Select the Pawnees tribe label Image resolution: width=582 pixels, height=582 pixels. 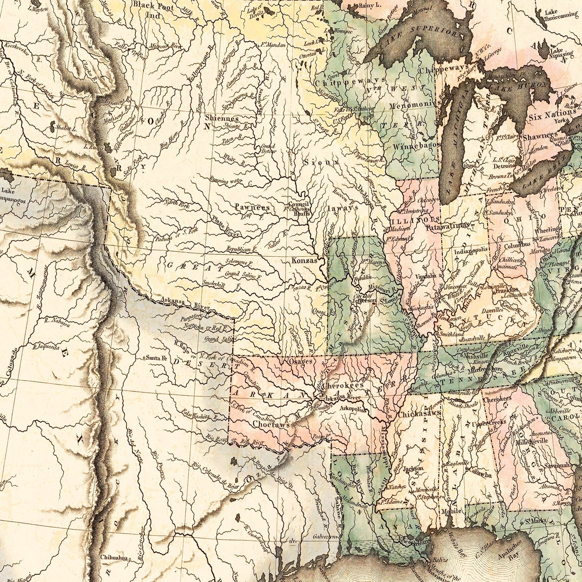(252, 208)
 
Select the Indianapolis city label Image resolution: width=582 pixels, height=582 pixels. (471, 251)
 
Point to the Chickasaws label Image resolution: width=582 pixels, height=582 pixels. (419, 414)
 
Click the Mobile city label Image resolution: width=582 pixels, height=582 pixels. (451, 511)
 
